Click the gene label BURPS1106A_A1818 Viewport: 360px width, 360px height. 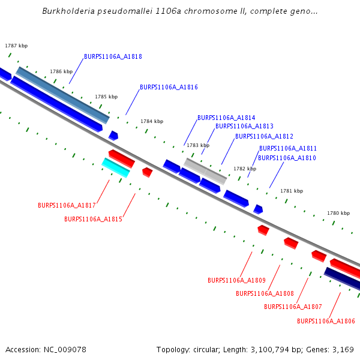point(113,56)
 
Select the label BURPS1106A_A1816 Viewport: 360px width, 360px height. point(169,87)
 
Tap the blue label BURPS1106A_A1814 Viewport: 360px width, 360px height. point(226,118)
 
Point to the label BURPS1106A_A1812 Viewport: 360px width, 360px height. point(264,136)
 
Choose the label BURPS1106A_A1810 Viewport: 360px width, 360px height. point(287,158)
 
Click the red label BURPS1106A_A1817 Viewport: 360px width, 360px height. point(67,205)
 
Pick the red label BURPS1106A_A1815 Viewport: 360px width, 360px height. point(93,219)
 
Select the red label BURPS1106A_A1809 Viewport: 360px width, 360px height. point(237,280)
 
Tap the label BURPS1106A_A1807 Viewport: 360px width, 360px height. point(293,307)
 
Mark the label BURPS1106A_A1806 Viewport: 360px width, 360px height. point(326,321)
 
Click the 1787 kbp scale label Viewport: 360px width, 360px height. point(16,46)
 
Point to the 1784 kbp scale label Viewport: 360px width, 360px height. point(152,121)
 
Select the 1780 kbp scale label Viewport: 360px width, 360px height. point(338,213)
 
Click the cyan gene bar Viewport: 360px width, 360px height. point(116,168)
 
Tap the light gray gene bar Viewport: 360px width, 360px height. point(205,171)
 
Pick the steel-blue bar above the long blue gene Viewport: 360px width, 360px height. point(62,95)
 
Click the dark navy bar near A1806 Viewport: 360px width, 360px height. point(342,279)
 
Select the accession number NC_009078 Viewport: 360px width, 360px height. point(65,350)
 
